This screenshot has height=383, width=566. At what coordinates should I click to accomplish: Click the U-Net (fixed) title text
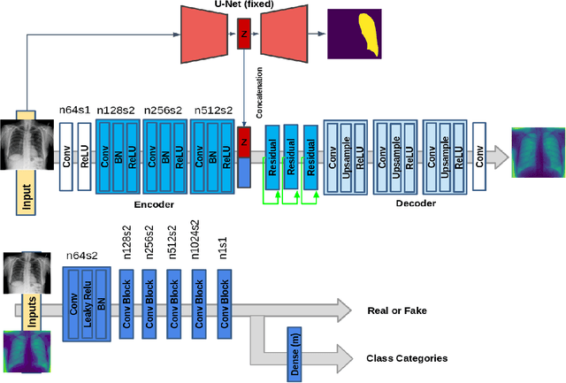(x=241, y=4)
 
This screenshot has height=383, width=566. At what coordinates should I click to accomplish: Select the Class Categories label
(x=407, y=358)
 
